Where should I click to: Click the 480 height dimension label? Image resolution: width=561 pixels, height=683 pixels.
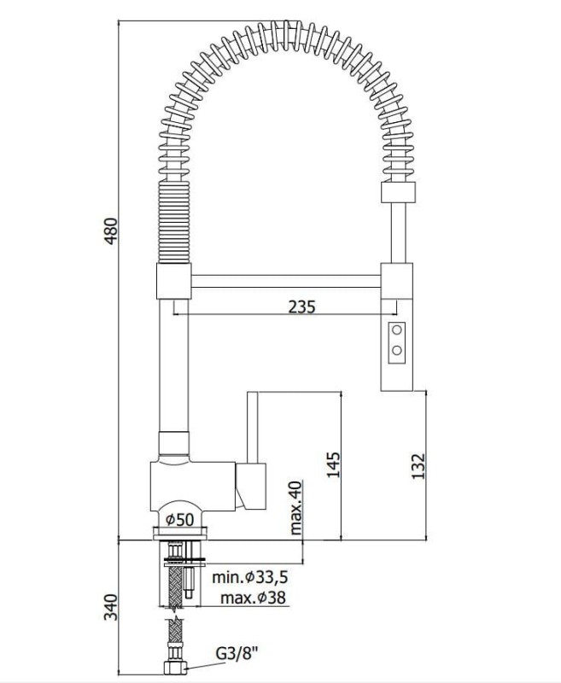coord(112,231)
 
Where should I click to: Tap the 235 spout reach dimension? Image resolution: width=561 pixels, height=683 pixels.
coord(301,307)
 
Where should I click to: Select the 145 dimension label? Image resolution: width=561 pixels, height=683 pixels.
coord(333,464)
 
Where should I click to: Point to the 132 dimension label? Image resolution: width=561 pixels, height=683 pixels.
coord(418,466)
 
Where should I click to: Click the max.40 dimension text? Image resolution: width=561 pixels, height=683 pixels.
coord(295,508)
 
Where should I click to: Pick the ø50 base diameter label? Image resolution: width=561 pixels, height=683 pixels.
coord(179,519)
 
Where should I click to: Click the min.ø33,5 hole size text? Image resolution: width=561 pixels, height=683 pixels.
coord(250,578)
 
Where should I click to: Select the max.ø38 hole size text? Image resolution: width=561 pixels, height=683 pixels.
coord(253,598)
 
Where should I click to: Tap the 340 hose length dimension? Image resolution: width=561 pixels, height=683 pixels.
coord(111,608)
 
